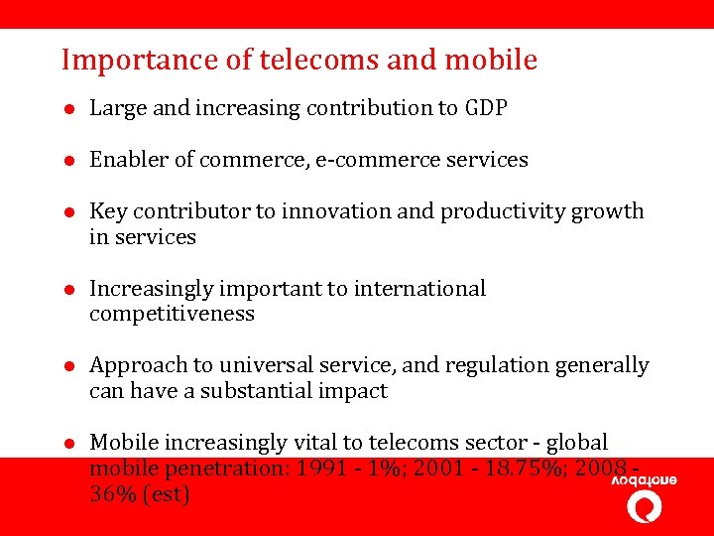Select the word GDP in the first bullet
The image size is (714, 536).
pos(486,108)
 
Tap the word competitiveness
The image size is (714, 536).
pos(172,315)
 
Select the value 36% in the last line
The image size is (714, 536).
pos(110,494)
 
